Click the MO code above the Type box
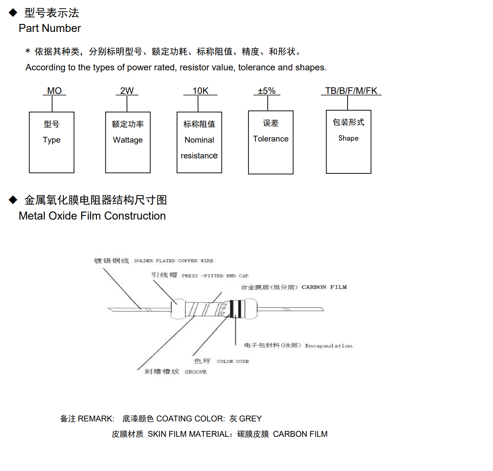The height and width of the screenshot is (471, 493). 54,91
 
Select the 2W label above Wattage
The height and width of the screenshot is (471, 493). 127,91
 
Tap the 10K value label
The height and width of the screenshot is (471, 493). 200,91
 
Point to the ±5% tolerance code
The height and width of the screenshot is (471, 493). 267,91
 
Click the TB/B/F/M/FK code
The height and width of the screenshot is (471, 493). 351,91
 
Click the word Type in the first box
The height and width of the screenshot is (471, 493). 52,140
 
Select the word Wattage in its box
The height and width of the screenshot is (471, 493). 128,140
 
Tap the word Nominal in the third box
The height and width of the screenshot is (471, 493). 199,140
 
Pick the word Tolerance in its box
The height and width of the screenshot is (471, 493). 271,139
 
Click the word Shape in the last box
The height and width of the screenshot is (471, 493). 348,138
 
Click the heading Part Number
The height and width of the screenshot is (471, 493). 50,28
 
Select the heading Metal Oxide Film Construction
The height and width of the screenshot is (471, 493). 92,216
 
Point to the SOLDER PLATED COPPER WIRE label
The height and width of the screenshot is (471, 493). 173,261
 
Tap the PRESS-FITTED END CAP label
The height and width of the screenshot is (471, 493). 215,276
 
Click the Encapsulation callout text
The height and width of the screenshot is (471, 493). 328,346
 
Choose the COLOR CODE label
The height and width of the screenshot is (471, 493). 233,361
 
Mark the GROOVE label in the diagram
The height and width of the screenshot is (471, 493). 196,372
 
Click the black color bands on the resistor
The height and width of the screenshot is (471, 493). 237,309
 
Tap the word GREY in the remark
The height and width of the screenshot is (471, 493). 250,418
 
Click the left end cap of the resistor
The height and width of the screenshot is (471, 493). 178,309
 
